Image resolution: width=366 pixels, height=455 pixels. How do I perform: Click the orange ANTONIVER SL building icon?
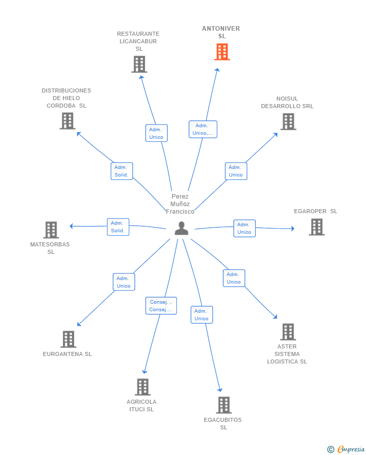click(x=222, y=52)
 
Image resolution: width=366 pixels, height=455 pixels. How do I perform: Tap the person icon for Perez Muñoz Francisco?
click(x=181, y=228)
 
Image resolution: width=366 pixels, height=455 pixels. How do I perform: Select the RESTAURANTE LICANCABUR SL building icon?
click(x=139, y=64)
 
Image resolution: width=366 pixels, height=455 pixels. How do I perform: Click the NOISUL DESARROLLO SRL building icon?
click(x=289, y=121)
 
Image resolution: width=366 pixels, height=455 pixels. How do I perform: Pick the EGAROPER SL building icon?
click(x=317, y=227)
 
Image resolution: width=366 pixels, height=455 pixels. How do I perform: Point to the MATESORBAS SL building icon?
click(x=51, y=230)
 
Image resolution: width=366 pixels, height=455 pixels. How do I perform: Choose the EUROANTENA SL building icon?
click(x=68, y=339)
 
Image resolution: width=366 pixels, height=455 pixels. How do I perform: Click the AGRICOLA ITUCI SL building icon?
click(x=143, y=387)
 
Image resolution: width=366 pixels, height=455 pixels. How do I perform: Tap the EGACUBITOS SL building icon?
click(x=224, y=405)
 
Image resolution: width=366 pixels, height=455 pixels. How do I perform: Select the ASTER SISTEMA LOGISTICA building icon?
click(x=288, y=332)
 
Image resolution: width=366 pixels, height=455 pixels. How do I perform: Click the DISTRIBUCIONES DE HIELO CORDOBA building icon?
click(x=68, y=121)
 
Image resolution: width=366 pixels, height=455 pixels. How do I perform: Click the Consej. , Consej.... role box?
click(x=161, y=306)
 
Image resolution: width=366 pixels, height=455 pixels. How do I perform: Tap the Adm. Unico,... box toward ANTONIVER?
click(x=203, y=129)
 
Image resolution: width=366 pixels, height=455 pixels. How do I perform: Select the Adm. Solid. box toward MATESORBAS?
click(x=118, y=227)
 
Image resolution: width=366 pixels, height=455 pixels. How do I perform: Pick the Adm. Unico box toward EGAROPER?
click(x=244, y=228)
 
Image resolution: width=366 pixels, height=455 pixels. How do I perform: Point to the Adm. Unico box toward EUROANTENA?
click(x=124, y=282)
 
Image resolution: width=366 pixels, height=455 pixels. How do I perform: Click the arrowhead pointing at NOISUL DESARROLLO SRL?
click(x=276, y=135)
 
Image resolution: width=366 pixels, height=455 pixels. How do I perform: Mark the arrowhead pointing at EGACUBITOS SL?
click(x=220, y=390)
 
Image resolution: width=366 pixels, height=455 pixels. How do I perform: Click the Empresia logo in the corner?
click(x=346, y=449)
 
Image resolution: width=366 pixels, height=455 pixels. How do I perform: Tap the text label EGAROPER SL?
click(x=316, y=211)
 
